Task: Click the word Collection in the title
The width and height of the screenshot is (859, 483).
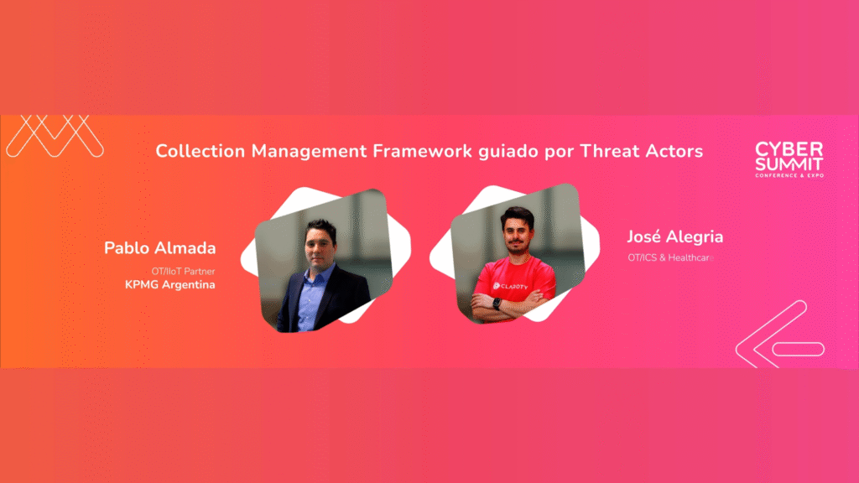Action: (x=200, y=151)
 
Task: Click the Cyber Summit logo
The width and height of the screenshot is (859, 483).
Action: (x=789, y=159)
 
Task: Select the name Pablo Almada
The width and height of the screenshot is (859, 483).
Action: (x=160, y=248)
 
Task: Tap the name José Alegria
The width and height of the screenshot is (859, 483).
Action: (x=675, y=236)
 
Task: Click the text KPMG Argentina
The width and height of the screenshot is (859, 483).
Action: (x=169, y=285)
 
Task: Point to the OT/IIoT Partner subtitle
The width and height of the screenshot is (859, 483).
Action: (x=183, y=271)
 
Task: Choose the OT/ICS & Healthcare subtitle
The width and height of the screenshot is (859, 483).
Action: (x=671, y=257)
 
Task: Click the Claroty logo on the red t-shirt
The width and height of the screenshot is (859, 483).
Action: (x=511, y=286)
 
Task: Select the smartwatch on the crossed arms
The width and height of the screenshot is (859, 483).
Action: (x=497, y=304)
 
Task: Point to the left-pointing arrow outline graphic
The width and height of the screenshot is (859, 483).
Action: (x=780, y=334)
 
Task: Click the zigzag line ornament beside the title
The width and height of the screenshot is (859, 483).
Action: (x=55, y=136)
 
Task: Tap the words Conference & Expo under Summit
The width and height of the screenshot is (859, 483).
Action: (x=789, y=175)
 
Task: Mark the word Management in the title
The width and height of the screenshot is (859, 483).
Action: (x=309, y=152)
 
